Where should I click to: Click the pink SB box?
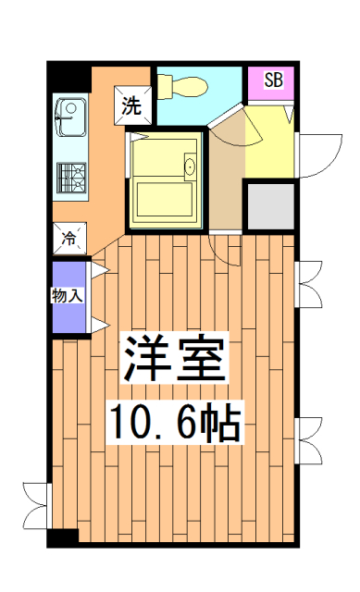[x=273, y=79]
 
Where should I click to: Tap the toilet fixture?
[x=180, y=86]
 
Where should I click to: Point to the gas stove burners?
[x=70, y=175]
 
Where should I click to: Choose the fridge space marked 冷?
[x=69, y=238]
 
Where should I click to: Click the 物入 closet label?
[x=68, y=297]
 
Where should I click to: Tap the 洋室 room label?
[x=175, y=361]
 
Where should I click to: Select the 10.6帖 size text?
[x=175, y=424]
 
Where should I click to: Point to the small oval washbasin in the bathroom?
[x=190, y=167]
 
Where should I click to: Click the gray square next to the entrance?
[x=269, y=205]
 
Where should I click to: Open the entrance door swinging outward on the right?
[x=317, y=153]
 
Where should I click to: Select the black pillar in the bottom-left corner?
[x=63, y=537]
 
